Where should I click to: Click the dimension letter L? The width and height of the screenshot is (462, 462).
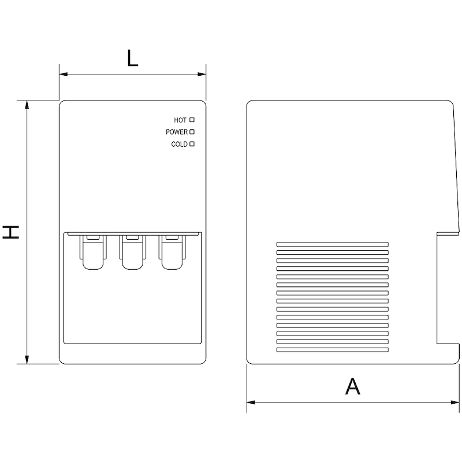coord(133,58)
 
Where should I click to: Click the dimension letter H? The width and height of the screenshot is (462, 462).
coord(11,232)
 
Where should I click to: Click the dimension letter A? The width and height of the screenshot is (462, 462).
coord(352,386)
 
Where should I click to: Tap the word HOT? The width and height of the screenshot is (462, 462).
coord(180,120)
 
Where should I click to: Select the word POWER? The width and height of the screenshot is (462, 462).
coord(177,132)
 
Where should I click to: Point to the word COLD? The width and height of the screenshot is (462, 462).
coord(179,144)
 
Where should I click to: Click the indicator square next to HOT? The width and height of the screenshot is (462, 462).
coord(192,120)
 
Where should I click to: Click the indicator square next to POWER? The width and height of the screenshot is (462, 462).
coord(192,132)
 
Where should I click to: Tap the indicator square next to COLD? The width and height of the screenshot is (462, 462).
coord(192,144)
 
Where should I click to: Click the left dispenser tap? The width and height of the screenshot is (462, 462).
coord(93,252)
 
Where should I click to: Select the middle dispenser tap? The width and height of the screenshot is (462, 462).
coord(132,252)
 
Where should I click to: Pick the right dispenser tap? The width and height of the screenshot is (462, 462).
coord(172,252)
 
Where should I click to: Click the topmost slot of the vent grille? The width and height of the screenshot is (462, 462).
coord(333,244)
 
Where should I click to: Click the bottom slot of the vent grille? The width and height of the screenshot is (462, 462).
coord(333,350)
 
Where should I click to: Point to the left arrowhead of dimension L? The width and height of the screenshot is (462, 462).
coord(64,74)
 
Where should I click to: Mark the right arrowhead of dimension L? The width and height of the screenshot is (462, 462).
coord(202,74)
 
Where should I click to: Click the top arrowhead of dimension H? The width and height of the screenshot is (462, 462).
coord(27,105)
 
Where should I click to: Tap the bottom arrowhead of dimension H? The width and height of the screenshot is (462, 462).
coord(27,359)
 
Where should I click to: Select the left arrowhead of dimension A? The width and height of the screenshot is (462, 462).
coord(251,402)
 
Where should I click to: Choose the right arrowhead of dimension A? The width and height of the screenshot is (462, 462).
coord(455,402)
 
